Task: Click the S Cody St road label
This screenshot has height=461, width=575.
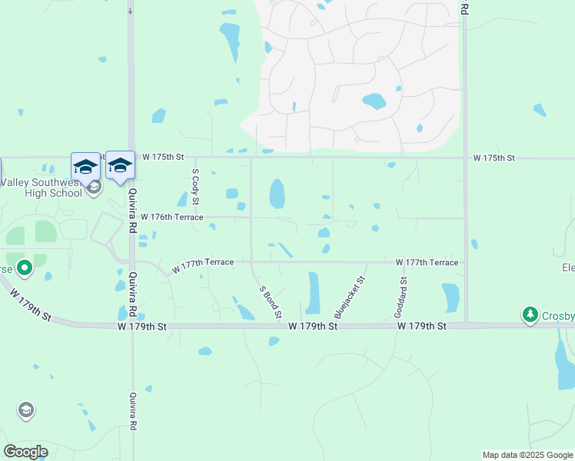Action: click(195, 187)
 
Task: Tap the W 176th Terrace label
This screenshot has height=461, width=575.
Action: click(172, 217)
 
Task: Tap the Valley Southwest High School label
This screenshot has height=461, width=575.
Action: click(42, 187)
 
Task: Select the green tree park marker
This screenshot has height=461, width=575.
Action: click(530, 315)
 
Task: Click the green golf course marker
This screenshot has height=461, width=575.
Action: click(25, 268)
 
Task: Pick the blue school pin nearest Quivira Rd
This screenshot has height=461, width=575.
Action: click(119, 166)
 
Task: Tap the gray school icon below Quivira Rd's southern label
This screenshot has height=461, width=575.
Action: click(26, 410)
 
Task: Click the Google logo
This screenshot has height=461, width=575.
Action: click(26, 451)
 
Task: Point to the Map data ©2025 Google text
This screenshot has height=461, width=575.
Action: click(527, 455)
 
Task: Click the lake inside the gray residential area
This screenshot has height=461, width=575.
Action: click(374, 101)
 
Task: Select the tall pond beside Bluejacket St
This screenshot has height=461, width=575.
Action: click(314, 293)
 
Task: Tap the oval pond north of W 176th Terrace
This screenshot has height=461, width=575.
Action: click(277, 194)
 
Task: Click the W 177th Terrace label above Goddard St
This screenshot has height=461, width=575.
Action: click(427, 263)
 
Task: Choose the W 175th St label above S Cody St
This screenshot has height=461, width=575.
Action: click(168, 157)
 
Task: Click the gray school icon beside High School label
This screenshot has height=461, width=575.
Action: click(94, 187)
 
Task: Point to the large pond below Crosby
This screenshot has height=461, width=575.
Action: click(564, 361)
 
